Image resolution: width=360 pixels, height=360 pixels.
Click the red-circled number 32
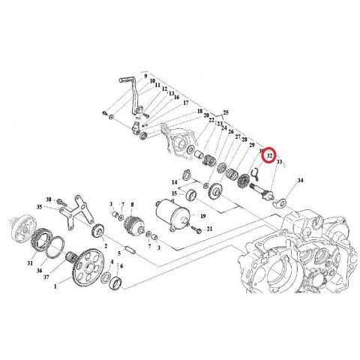(269, 154)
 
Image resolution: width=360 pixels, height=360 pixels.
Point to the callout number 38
(49, 199)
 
